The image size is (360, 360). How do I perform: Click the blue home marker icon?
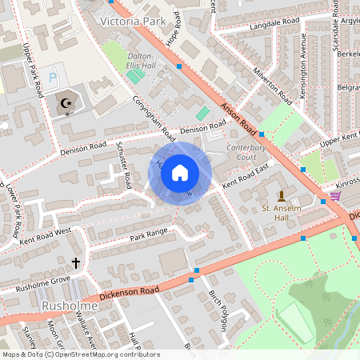[x=180, y=173]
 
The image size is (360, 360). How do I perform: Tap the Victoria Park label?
[x=132, y=19]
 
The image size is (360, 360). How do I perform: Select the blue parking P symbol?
[x=54, y=78]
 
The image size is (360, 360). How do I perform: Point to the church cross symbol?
[x=77, y=262]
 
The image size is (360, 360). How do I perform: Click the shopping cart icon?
[x=334, y=194]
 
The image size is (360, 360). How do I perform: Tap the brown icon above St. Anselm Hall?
[x=281, y=195]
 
